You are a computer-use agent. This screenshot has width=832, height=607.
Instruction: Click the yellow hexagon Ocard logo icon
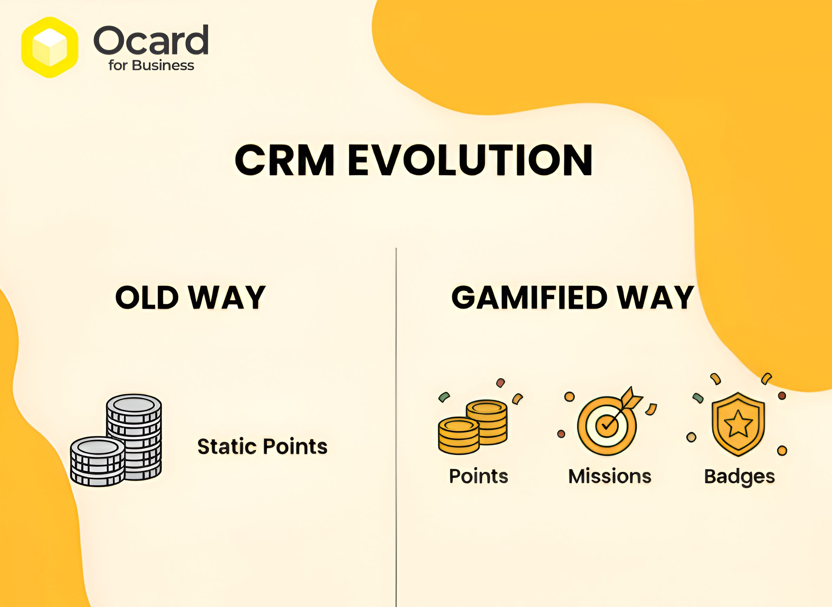point(50,47)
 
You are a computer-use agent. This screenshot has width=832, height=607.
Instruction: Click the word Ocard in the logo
point(151,40)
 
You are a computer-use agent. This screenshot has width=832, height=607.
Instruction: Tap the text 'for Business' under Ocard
point(151,65)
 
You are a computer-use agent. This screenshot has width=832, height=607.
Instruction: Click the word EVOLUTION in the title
point(470,160)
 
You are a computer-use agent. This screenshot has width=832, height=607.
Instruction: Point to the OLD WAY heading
point(190,297)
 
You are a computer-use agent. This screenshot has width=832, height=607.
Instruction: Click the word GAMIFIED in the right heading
point(529,297)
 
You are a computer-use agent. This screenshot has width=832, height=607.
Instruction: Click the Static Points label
point(262,446)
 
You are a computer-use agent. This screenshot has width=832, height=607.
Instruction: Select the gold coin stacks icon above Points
point(473,427)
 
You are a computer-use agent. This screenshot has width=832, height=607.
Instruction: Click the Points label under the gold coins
point(479,476)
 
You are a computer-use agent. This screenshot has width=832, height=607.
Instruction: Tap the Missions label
point(610,476)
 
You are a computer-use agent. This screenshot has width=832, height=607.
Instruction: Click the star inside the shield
point(738,424)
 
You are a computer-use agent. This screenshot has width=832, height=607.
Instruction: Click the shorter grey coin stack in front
point(98,462)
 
